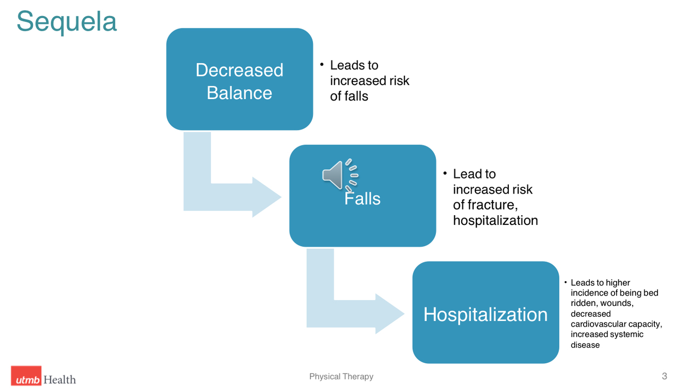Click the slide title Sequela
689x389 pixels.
pos(67,22)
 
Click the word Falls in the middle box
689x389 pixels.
pos(363,199)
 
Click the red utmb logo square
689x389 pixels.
pos(26,377)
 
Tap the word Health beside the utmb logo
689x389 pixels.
pos(60,379)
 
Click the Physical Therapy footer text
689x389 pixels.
pos(341,377)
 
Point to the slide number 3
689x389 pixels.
pos(664,376)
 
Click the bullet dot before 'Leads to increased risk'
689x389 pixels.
pos(321,64)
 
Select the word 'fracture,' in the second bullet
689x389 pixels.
pos(492,205)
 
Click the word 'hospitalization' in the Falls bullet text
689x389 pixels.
pos(495,220)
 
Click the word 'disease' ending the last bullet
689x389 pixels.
pos(585,345)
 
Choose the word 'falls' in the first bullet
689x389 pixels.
pos(356,96)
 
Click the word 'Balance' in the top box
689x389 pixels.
pos(239,93)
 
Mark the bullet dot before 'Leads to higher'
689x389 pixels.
pos(566,282)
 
